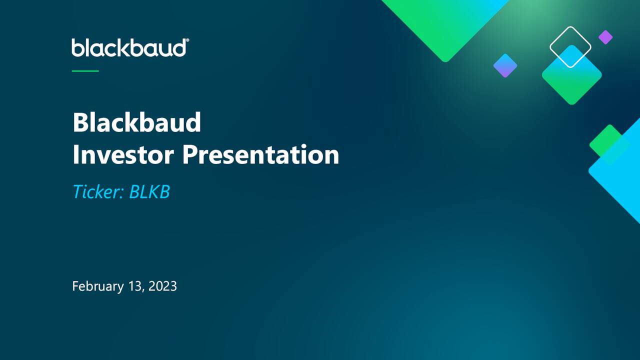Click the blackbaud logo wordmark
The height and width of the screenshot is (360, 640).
point(129,48)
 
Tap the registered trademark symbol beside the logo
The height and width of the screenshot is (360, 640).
point(187,40)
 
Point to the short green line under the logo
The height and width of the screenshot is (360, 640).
point(85,71)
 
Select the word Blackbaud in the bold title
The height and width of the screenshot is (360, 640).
point(136,122)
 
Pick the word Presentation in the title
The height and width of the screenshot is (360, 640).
point(260,154)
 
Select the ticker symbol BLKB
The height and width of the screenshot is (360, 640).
point(149,192)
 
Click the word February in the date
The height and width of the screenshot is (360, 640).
point(97,286)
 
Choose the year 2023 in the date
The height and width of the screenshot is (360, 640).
point(162,286)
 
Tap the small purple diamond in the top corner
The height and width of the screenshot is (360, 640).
point(605,37)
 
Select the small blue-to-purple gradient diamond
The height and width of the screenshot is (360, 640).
point(505,65)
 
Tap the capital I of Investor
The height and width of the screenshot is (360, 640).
point(76,154)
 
